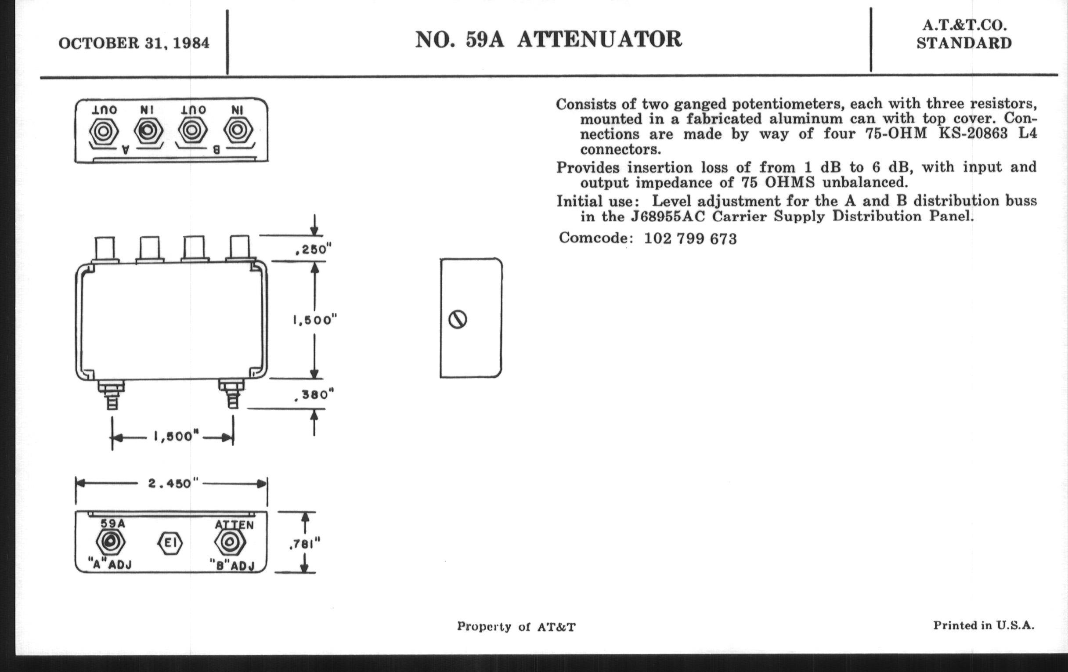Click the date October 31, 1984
(x=133, y=43)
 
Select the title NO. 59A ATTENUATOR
(x=548, y=40)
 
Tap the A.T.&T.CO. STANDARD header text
(x=964, y=34)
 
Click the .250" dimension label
(x=313, y=250)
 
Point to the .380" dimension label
(x=314, y=394)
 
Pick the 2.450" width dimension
(x=170, y=484)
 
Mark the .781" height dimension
(x=304, y=543)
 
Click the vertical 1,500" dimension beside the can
(x=315, y=320)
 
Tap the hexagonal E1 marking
(x=170, y=543)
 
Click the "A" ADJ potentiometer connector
(x=110, y=542)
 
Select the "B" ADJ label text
(x=232, y=565)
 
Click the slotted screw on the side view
(x=458, y=319)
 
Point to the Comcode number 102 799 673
(x=690, y=238)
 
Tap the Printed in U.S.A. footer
(x=983, y=625)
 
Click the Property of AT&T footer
(x=516, y=627)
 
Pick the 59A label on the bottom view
(x=113, y=524)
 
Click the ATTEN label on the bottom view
(x=234, y=525)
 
